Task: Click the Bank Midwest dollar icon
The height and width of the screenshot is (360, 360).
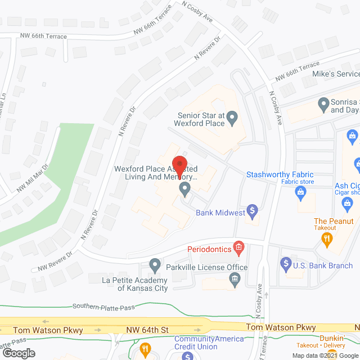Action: click(253, 211)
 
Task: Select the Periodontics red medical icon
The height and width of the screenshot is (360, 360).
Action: click(239, 247)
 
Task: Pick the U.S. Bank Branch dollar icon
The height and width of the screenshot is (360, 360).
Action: click(285, 263)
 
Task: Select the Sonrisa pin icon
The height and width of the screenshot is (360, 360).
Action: click(323, 103)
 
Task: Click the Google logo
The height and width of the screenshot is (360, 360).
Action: click(18, 353)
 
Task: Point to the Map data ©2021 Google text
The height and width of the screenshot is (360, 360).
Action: click(323, 355)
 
